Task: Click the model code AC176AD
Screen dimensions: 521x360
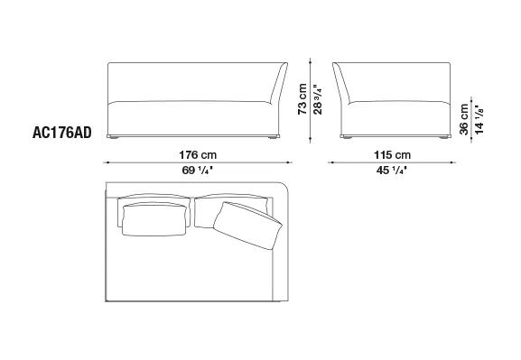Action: [x=61, y=133]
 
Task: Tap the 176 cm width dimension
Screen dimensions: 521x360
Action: [x=198, y=155]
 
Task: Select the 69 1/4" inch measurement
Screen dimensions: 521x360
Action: [x=198, y=171]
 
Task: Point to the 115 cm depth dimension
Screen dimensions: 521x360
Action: [x=392, y=155]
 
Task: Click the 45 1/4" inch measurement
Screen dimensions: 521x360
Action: [x=392, y=171]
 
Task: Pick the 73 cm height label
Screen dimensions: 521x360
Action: [x=302, y=99]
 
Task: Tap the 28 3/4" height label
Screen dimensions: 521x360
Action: [x=318, y=99]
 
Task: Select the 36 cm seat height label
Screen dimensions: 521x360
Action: [x=464, y=119]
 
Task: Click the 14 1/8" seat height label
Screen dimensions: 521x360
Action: [x=479, y=119]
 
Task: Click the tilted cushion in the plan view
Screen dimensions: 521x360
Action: [x=247, y=225]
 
